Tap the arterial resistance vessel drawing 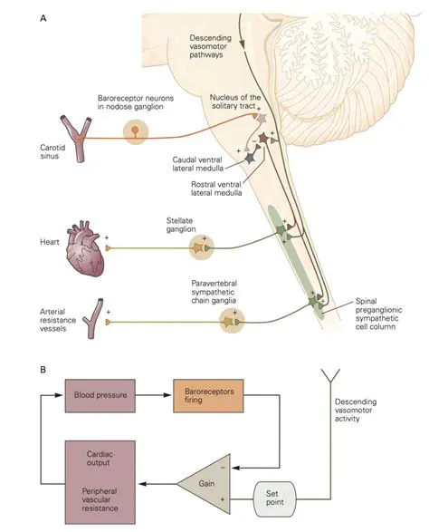pyautogui.click(x=90, y=320)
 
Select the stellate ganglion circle pyautogui.click(x=202, y=247)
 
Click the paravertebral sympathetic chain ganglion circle pyautogui.click(x=232, y=320)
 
